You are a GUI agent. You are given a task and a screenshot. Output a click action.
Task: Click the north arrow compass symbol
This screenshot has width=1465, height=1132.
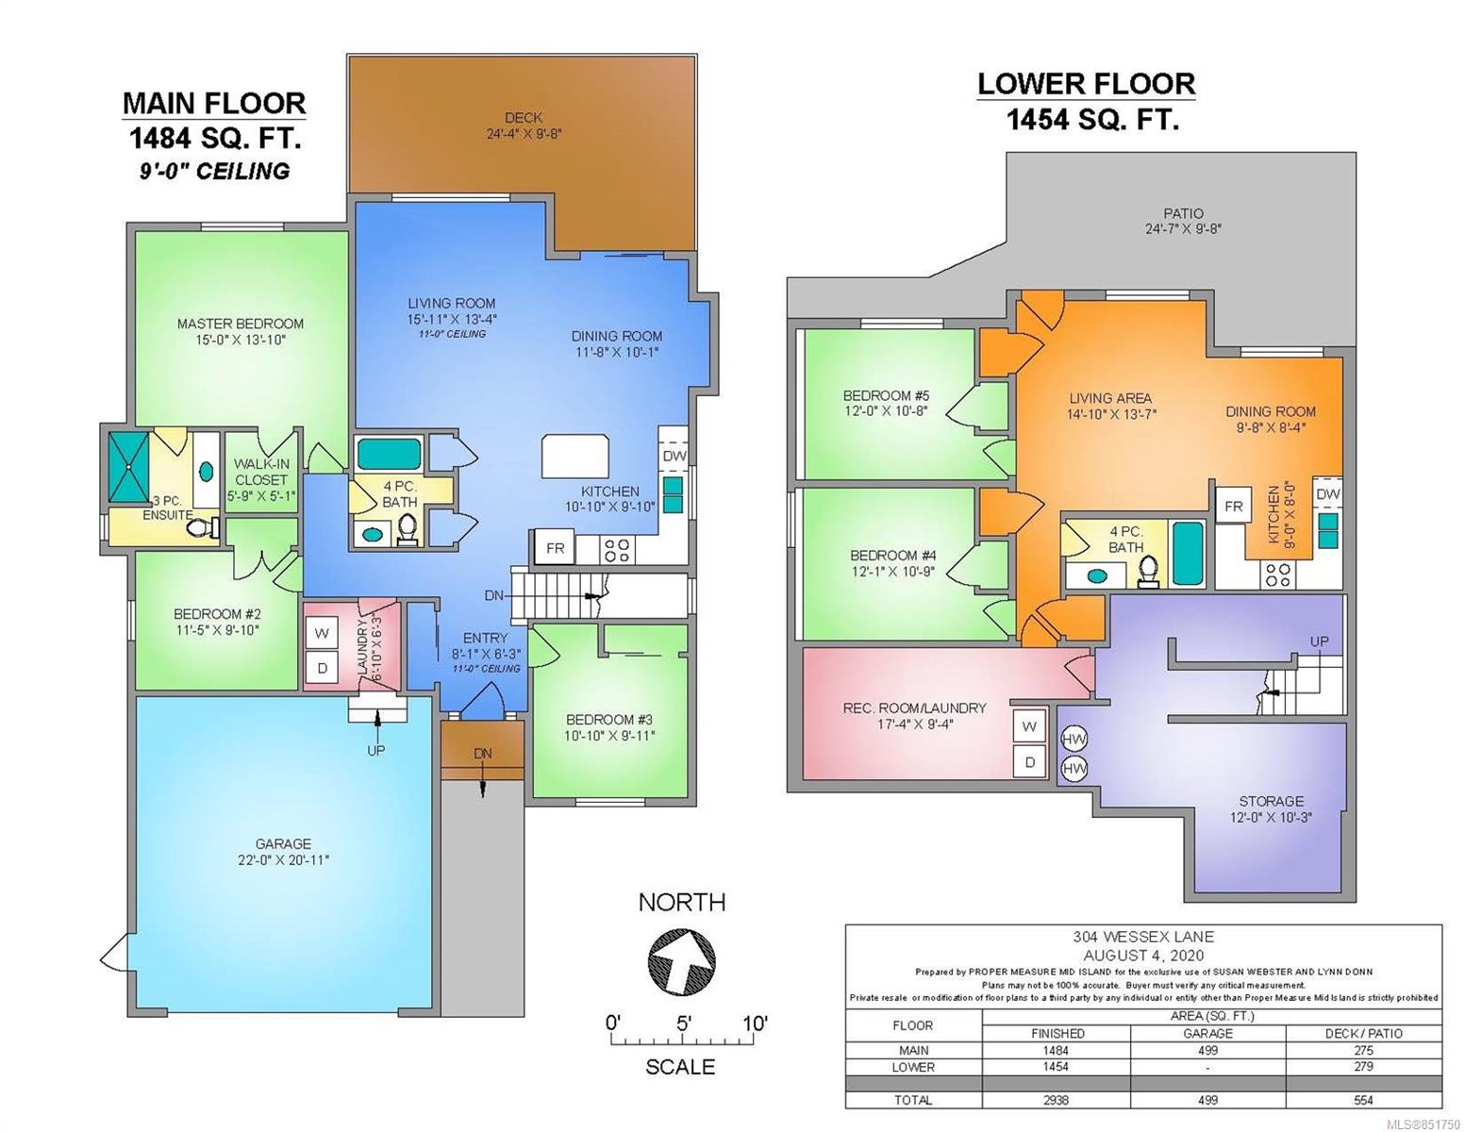[x=681, y=960]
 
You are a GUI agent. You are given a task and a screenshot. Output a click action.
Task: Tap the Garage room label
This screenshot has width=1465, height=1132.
[x=283, y=843]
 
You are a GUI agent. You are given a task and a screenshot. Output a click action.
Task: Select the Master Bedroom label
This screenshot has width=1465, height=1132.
[x=240, y=324]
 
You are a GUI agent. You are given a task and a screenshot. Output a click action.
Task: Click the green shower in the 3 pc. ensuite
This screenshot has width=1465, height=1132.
[x=129, y=467]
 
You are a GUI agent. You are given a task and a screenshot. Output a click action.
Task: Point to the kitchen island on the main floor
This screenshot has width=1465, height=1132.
[x=575, y=456]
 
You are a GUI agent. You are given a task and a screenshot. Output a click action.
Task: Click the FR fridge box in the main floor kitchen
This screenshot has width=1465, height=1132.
[x=555, y=548]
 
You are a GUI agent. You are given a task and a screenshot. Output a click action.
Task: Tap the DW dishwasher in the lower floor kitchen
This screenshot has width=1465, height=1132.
[x=1327, y=493]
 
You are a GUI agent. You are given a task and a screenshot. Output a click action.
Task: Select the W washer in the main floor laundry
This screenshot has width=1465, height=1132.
[x=322, y=633]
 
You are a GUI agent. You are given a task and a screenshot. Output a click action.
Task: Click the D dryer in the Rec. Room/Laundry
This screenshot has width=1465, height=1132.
[x=1029, y=762]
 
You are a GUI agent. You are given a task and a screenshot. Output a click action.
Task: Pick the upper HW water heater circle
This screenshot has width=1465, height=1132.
[x=1074, y=739]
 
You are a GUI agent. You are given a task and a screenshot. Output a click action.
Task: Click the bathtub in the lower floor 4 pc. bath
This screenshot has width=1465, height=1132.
[x=1188, y=554]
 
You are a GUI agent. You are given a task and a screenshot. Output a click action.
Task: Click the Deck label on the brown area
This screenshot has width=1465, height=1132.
[x=524, y=118]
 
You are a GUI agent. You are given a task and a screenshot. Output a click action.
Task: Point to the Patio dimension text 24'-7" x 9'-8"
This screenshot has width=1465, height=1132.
[x=1183, y=228]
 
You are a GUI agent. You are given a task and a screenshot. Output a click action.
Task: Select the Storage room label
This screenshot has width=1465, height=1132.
[x=1271, y=801]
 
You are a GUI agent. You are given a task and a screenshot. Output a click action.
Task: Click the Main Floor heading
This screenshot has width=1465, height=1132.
[x=214, y=103]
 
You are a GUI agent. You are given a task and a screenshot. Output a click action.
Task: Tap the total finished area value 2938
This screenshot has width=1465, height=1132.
[x=1057, y=1100]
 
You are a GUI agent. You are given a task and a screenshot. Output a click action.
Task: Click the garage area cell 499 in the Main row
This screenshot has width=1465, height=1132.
[x=1208, y=1051]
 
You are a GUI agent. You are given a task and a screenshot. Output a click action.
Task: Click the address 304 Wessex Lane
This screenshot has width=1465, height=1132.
[x=1142, y=937]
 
